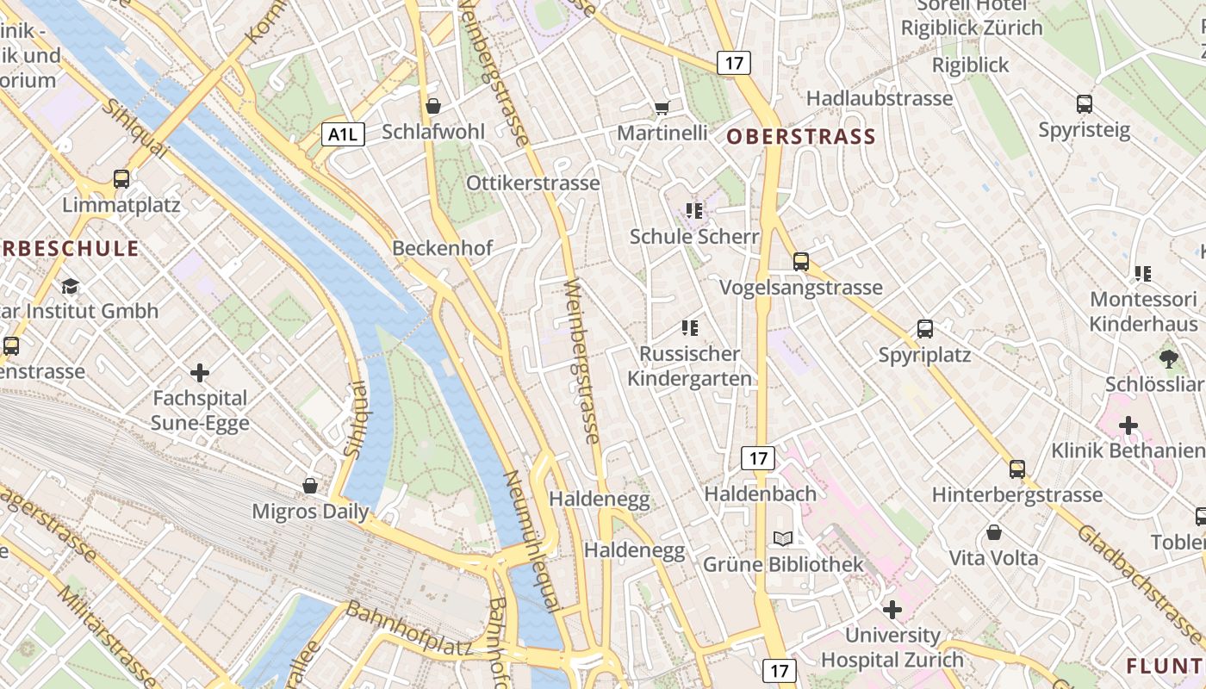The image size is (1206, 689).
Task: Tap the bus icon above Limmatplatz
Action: [121, 179]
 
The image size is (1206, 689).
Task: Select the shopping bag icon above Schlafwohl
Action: [433, 106]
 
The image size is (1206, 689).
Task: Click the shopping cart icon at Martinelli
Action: [662, 108]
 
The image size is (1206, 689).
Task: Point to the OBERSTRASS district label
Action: [801, 136]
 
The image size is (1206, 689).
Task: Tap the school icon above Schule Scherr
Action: [693, 210]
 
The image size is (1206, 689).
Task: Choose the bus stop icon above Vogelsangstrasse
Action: [801, 261]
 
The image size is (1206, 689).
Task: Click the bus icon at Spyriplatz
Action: [925, 328]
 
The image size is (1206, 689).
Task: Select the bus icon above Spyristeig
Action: [1085, 104]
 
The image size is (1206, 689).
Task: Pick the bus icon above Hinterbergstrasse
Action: [1017, 469]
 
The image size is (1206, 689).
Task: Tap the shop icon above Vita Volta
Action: [994, 532]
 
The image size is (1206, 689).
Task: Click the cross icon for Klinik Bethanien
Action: [1128, 425]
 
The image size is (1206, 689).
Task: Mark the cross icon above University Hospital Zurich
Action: [892, 610]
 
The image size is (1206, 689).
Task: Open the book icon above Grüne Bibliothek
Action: [783, 539]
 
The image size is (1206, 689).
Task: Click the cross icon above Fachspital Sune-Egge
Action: [200, 372]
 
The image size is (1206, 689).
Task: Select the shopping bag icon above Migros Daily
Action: [310, 486]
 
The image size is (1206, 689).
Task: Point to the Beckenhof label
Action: [443, 248]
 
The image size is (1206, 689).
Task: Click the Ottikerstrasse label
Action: [533, 183]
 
